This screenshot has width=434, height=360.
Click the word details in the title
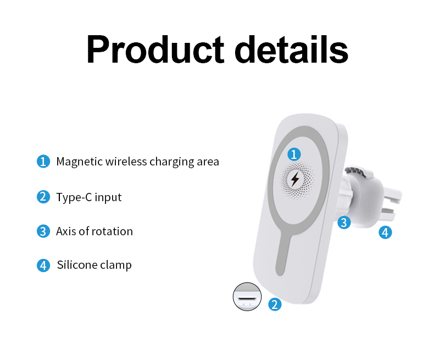(x=292, y=50)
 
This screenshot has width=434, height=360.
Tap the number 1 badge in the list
(x=43, y=162)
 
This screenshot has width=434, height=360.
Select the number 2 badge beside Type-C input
(x=43, y=197)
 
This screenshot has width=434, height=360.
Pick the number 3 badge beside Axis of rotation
(x=43, y=231)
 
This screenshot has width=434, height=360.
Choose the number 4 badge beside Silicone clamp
(x=43, y=265)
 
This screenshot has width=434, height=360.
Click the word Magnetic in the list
(x=79, y=162)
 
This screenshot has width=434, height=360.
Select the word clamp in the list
(x=116, y=265)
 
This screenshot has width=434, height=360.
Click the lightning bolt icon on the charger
(x=295, y=179)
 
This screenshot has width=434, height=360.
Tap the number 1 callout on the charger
(x=295, y=154)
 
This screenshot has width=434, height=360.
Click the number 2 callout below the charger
(x=275, y=304)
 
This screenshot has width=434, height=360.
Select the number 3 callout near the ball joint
(x=344, y=223)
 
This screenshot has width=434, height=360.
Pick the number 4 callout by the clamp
(x=385, y=232)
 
